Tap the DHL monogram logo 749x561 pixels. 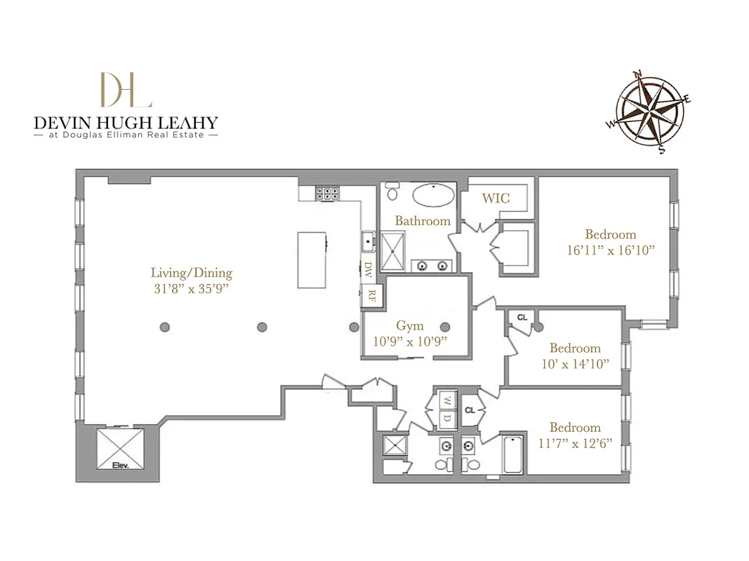[126, 90]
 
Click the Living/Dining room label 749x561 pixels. [191, 273]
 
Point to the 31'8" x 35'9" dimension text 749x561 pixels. [191, 288]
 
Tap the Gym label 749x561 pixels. [410, 326]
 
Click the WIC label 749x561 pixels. [496, 198]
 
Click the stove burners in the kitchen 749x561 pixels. [326, 191]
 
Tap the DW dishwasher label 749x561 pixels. [369, 268]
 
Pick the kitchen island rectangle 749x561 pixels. [311, 259]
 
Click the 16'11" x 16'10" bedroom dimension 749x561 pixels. [611, 250]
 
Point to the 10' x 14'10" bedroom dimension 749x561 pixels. [575, 363]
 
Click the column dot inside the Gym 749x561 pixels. [444, 326]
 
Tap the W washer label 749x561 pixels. [446, 402]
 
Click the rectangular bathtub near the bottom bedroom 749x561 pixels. [512, 454]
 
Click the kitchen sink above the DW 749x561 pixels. [368, 242]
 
